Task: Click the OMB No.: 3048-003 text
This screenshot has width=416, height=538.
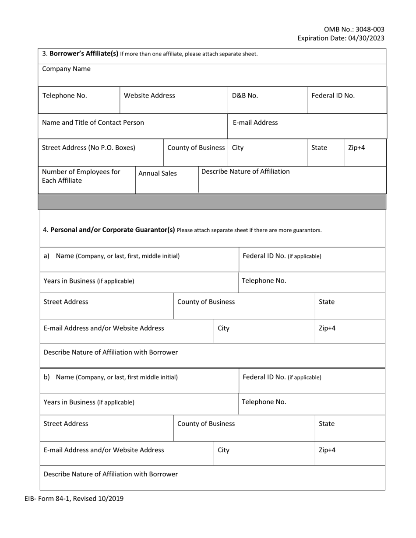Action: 354,30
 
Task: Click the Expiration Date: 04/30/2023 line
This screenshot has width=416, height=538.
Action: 341,38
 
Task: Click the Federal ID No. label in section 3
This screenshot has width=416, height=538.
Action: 333,95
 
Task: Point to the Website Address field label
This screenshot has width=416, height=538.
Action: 149,95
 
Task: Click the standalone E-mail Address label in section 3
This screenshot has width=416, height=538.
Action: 255,122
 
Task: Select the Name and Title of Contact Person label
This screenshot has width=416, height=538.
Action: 93,122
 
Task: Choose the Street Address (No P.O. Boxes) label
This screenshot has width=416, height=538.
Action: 88,147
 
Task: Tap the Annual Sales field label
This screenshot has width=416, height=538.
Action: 158,173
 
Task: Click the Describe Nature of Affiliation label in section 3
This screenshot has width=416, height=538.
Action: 245,171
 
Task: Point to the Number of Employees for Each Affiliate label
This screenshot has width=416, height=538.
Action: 81,176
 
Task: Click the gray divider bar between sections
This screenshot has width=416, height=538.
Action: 212,202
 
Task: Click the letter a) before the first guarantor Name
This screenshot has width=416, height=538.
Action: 46,256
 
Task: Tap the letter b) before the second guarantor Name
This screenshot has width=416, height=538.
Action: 46,377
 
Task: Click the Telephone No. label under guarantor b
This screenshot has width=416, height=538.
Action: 264,402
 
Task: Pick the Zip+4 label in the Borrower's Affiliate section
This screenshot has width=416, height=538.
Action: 356,147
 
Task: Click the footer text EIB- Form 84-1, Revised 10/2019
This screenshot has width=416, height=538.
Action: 71,498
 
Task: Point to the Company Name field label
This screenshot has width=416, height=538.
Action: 66,69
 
